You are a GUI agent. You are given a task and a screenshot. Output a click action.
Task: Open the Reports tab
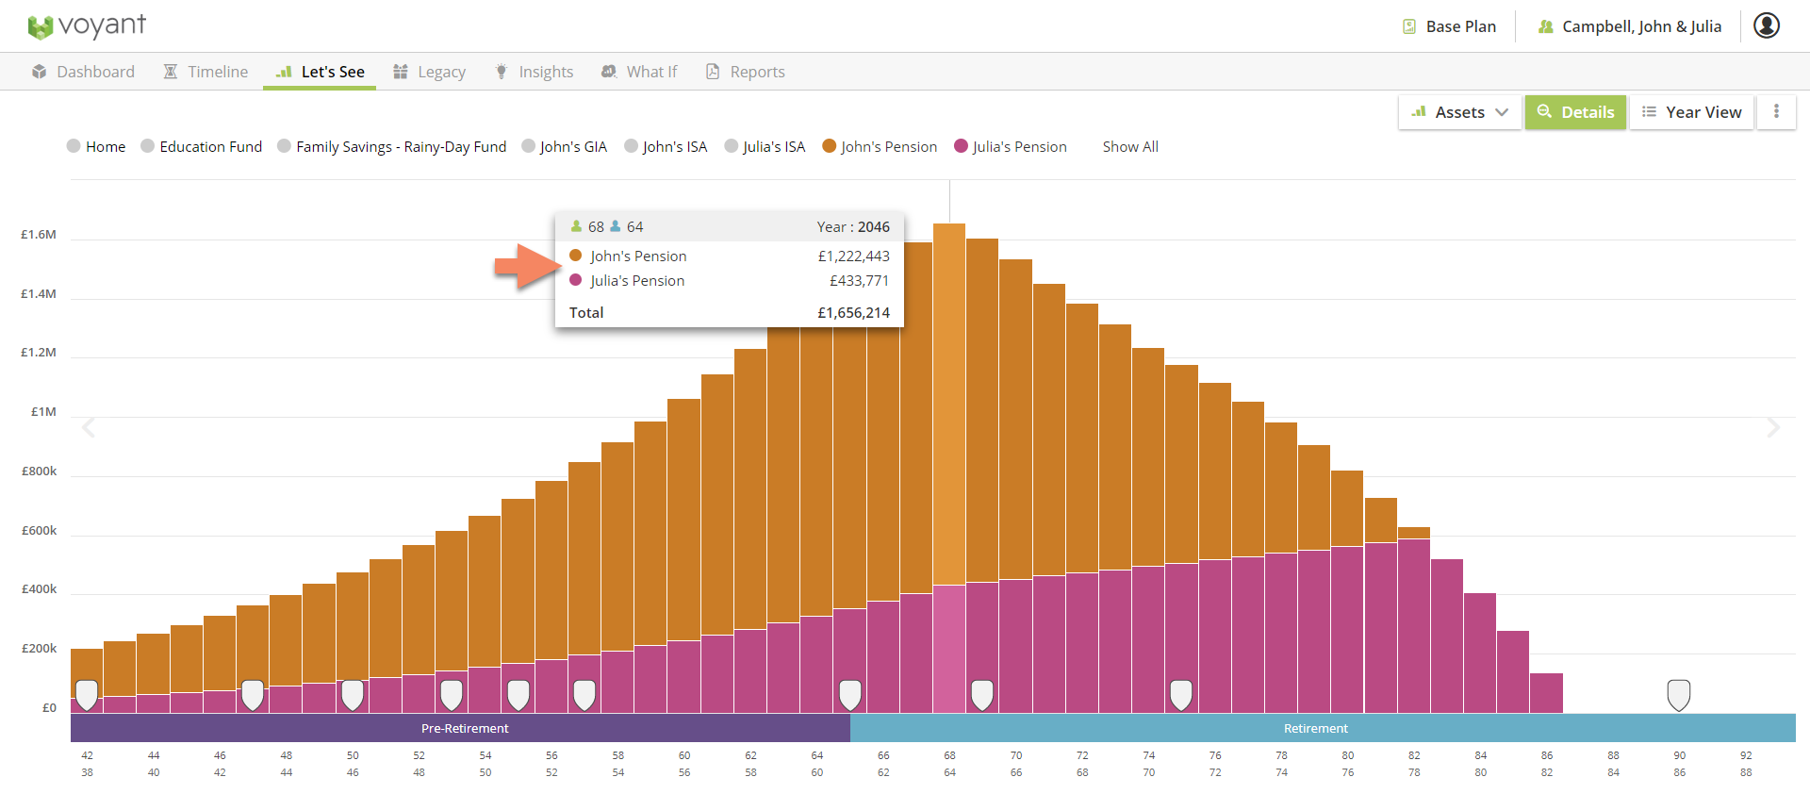745,72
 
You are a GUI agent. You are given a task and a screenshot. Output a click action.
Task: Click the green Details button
1575,112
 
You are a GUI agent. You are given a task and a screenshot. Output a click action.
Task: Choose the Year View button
1691,112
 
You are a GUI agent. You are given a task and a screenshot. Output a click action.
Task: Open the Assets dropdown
1459,112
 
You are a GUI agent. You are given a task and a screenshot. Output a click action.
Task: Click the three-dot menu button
1776,111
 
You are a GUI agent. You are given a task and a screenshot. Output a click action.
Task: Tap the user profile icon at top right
1766,25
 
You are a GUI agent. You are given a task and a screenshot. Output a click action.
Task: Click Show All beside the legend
1130,146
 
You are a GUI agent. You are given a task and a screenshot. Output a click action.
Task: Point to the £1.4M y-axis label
39,293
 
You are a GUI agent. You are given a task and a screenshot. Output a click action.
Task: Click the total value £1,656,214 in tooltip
853,312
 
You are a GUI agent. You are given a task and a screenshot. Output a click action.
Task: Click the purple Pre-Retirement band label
464,728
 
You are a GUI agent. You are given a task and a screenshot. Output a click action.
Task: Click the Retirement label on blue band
1315,728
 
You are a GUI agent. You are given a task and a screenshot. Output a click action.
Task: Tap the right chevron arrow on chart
1773,428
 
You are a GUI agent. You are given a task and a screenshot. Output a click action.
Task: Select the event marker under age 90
1678,695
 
